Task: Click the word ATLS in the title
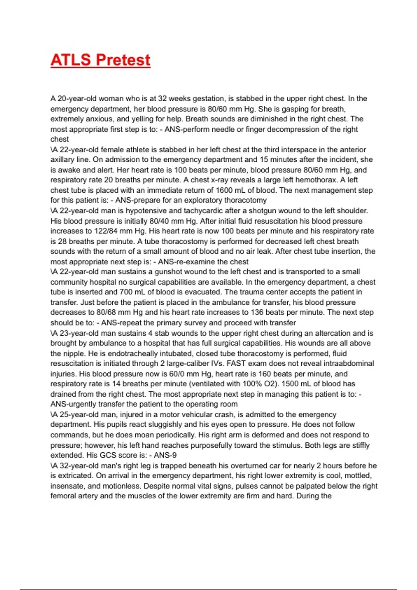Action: pos(71,60)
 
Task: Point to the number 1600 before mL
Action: pos(224,190)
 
